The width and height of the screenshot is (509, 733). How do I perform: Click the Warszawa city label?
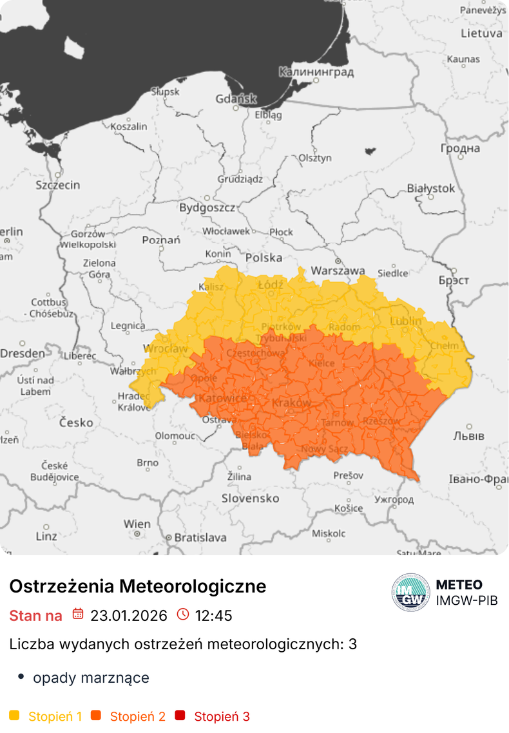338,271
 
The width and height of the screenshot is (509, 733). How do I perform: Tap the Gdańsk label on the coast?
236,99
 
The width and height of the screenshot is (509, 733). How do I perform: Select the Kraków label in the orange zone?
292,403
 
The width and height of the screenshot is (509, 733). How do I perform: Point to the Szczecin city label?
58,186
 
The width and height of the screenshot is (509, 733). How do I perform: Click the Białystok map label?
430,189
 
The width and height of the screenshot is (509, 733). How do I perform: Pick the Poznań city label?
161,240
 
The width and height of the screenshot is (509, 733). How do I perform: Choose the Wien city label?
137,524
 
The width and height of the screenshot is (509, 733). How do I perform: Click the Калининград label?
316,72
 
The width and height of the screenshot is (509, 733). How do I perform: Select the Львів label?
468,436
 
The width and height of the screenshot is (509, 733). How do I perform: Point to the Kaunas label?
463,59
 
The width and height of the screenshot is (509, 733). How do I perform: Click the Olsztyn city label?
315,158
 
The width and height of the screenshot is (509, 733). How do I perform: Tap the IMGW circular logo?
410,592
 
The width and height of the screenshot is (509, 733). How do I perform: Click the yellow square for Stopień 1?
15,716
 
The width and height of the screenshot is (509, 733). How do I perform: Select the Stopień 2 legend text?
137,716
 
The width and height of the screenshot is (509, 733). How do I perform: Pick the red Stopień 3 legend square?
180,716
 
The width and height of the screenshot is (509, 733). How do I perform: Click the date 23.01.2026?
128,615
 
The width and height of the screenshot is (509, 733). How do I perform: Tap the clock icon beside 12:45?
183,614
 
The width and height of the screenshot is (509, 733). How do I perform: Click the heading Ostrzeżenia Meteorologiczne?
137,586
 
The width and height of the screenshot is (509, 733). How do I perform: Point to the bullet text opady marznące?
91,678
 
